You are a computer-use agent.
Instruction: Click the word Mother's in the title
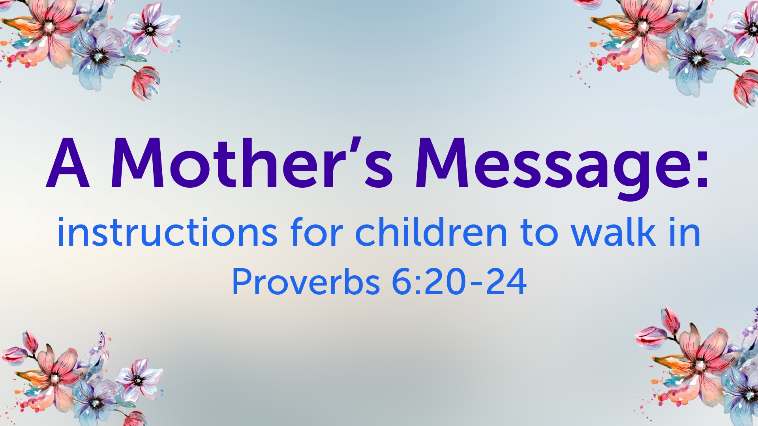(x=251, y=163)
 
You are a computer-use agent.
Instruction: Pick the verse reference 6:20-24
(x=459, y=282)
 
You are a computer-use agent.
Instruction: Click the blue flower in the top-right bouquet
(x=697, y=59)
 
